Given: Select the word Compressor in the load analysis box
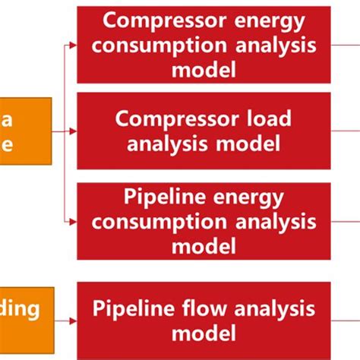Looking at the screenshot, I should (x=175, y=118).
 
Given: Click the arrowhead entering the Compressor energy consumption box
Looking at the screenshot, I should (x=73, y=45).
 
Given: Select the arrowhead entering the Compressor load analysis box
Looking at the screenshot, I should (x=73, y=130).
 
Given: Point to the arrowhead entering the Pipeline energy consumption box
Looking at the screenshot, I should (x=73, y=222).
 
